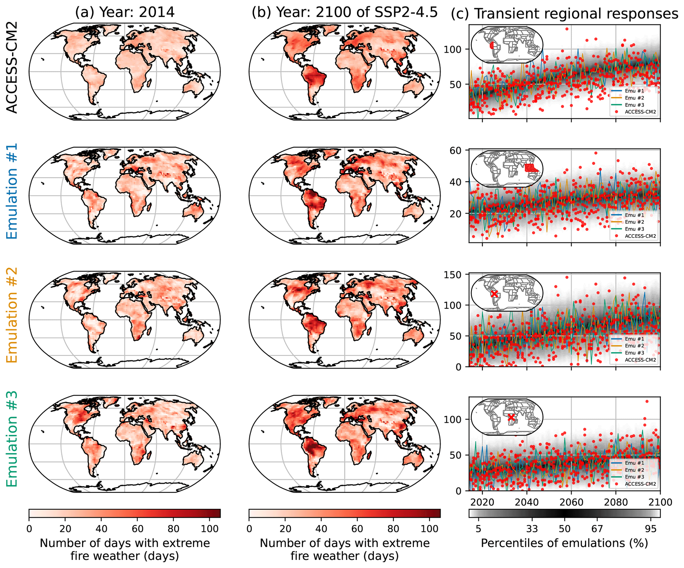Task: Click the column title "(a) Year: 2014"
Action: point(124,12)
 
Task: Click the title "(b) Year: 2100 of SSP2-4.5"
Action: point(344,12)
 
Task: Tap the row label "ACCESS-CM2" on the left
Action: point(12,67)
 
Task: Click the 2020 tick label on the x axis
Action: point(482,502)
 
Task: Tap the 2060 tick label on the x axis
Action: point(571,502)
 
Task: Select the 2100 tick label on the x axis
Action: point(660,502)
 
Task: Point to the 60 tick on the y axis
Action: point(456,151)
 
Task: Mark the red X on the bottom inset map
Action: point(511,417)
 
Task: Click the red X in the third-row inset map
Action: point(494,294)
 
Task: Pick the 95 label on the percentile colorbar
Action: point(651,529)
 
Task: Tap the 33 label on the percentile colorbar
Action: point(532,529)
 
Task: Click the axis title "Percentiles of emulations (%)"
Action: point(564,543)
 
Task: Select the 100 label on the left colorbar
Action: point(209,529)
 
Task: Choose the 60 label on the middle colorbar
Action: point(357,529)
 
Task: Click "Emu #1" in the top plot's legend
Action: point(634,91)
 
